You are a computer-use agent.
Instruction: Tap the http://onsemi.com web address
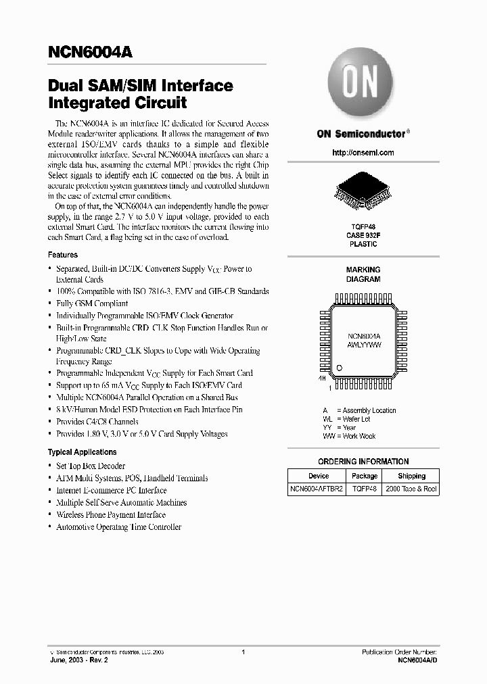point(363,153)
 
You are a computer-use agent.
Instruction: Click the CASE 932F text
point(363,235)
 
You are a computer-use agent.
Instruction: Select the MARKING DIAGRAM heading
point(363,274)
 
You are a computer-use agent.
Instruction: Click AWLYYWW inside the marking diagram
point(364,344)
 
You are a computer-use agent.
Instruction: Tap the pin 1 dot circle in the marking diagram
point(340,367)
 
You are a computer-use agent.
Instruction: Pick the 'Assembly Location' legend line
point(359,410)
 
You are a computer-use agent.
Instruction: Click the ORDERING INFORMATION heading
point(363,462)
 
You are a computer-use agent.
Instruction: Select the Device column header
point(318,476)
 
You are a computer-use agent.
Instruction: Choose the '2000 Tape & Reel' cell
point(411,488)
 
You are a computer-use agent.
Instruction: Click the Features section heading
point(63,255)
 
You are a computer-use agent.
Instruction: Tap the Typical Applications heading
point(82,452)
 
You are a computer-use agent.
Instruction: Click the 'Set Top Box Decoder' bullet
point(91,466)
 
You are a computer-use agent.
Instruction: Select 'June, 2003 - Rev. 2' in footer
point(78,660)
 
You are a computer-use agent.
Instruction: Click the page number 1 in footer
point(243,652)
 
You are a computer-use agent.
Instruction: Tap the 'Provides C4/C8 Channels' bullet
point(97,422)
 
